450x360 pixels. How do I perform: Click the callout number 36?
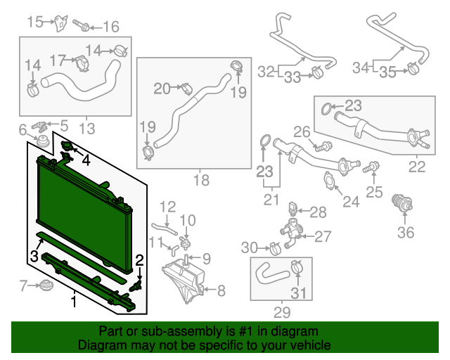(406, 231)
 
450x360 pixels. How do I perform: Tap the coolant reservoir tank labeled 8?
(185, 277)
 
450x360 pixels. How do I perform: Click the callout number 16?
(111, 27)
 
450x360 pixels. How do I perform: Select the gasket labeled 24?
(329, 181)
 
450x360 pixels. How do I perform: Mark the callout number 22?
(417, 167)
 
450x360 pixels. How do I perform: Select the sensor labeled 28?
(294, 209)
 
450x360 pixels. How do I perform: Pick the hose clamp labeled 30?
(274, 247)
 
